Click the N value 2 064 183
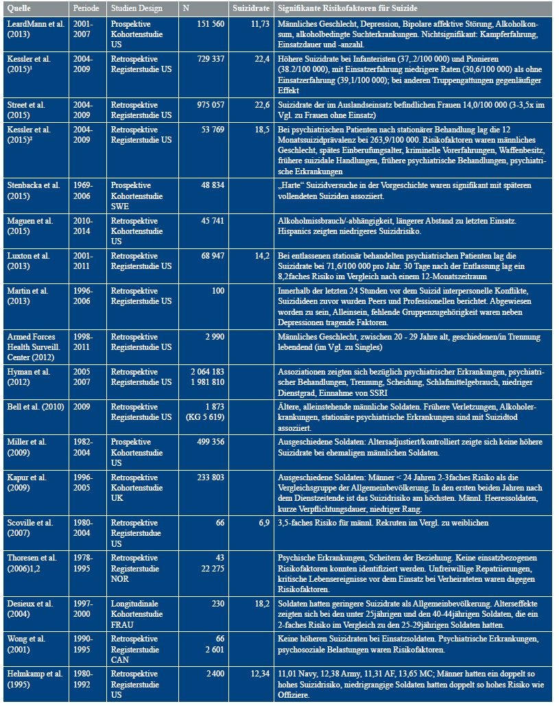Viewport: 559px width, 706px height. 202,370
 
